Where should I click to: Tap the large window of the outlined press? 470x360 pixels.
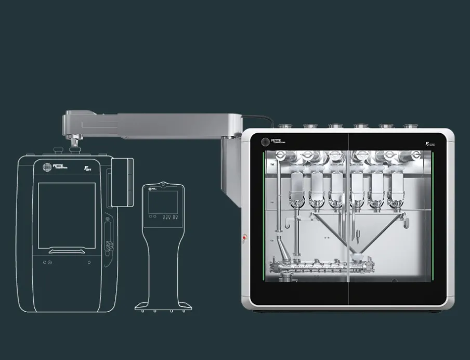click(x=67, y=215)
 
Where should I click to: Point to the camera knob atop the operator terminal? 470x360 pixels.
click(x=163, y=184)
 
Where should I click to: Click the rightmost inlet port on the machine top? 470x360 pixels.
click(x=410, y=126)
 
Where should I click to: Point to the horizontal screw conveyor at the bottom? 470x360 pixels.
click(x=322, y=267)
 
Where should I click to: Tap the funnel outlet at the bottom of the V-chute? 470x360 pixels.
click(x=358, y=256)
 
